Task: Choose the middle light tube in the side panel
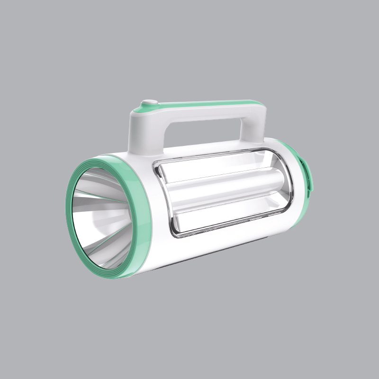click(x=227, y=189)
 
